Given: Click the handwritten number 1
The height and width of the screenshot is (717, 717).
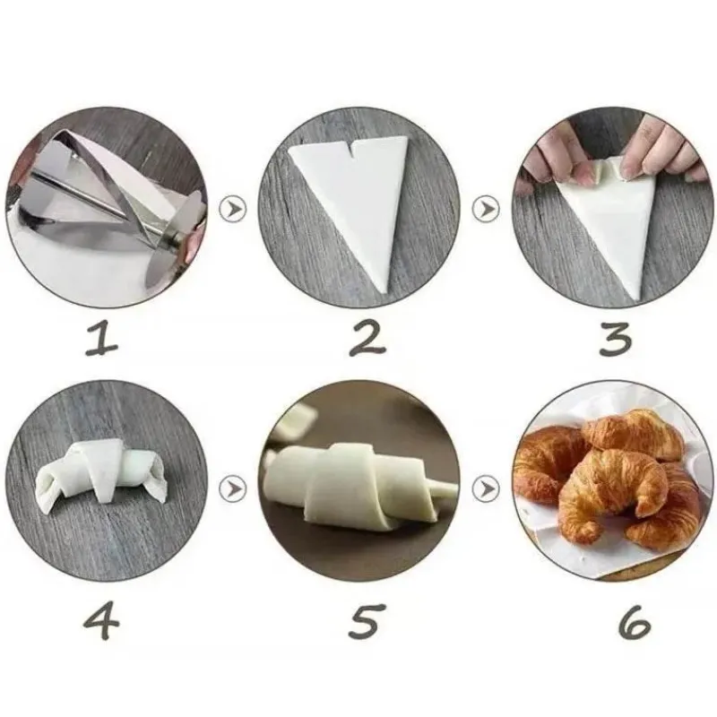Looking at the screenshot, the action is [x=101, y=338].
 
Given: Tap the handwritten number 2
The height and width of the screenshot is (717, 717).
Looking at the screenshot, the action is [x=367, y=338].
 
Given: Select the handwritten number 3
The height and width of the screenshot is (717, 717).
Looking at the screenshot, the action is [x=616, y=338].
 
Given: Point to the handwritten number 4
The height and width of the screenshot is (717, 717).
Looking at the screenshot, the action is [x=101, y=621].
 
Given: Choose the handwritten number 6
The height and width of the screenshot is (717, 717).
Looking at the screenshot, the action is [x=634, y=621].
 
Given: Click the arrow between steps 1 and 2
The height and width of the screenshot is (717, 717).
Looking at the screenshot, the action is [x=233, y=209].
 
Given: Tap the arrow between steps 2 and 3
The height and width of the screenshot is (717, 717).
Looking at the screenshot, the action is [x=486, y=209].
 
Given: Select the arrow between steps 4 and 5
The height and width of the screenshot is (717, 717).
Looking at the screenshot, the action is [x=233, y=489].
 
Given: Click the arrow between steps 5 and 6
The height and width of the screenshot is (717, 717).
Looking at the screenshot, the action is [x=486, y=489].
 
